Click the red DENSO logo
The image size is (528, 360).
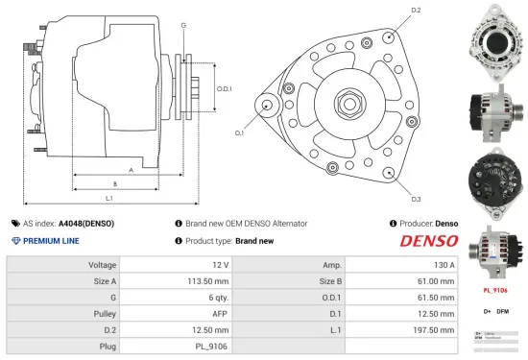pos(428,241)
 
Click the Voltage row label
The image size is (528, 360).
pos(103,264)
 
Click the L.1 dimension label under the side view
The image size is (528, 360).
pos(109,197)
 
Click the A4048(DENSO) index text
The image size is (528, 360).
pos(85,223)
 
